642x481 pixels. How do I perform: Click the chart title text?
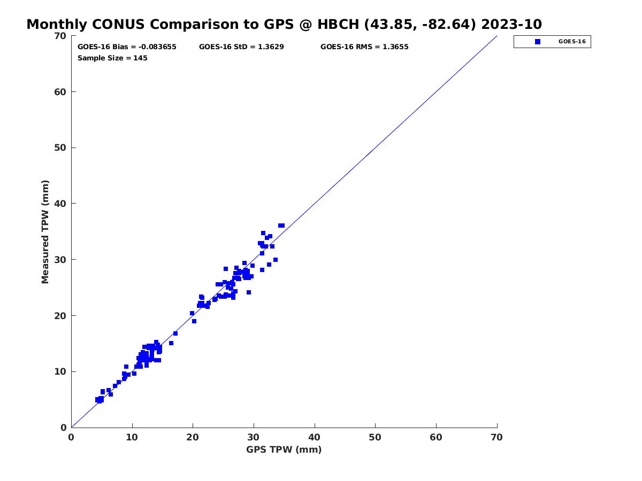tap(284, 24)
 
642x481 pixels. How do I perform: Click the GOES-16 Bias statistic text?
tap(127, 46)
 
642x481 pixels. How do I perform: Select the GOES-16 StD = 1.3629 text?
tap(241, 46)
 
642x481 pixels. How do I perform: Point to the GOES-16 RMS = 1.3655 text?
tap(364, 46)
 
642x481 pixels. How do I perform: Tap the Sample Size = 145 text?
tap(112, 58)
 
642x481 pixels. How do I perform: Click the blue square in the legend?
tap(538, 42)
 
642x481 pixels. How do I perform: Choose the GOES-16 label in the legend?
tap(572, 42)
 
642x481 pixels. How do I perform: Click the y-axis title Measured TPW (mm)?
tap(45, 231)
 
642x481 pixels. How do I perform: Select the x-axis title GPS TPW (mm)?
tap(284, 449)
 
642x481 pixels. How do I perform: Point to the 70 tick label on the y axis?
tap(60, 36)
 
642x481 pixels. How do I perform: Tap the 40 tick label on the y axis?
tap(60, 204)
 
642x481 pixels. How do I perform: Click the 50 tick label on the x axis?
tap(375, 437)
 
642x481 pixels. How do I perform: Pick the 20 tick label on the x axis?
tap(193, 437)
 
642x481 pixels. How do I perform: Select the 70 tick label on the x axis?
tap(496, 437)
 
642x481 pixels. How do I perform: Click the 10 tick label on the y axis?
tap(60, 371)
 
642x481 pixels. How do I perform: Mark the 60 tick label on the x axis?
tap(436, 437)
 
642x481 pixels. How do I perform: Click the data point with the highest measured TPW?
tap(281, 226)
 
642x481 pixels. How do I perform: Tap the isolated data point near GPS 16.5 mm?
tap(171, 343)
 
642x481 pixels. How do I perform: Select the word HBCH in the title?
tap(338, 24)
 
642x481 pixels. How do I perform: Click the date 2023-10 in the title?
tap(511, 24)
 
